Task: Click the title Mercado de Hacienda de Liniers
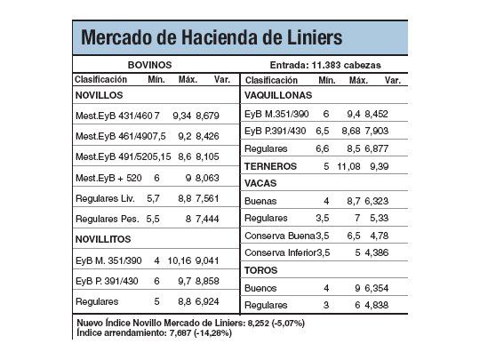click(211, 37)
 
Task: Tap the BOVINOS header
click(150, 65)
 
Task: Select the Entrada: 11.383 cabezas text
click(324, 65)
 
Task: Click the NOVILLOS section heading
click(99, 94)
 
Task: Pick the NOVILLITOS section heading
click(103, 239)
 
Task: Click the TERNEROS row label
click(270, 166)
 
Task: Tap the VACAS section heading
click(260, 183)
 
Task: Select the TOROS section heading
click(260, 270)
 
